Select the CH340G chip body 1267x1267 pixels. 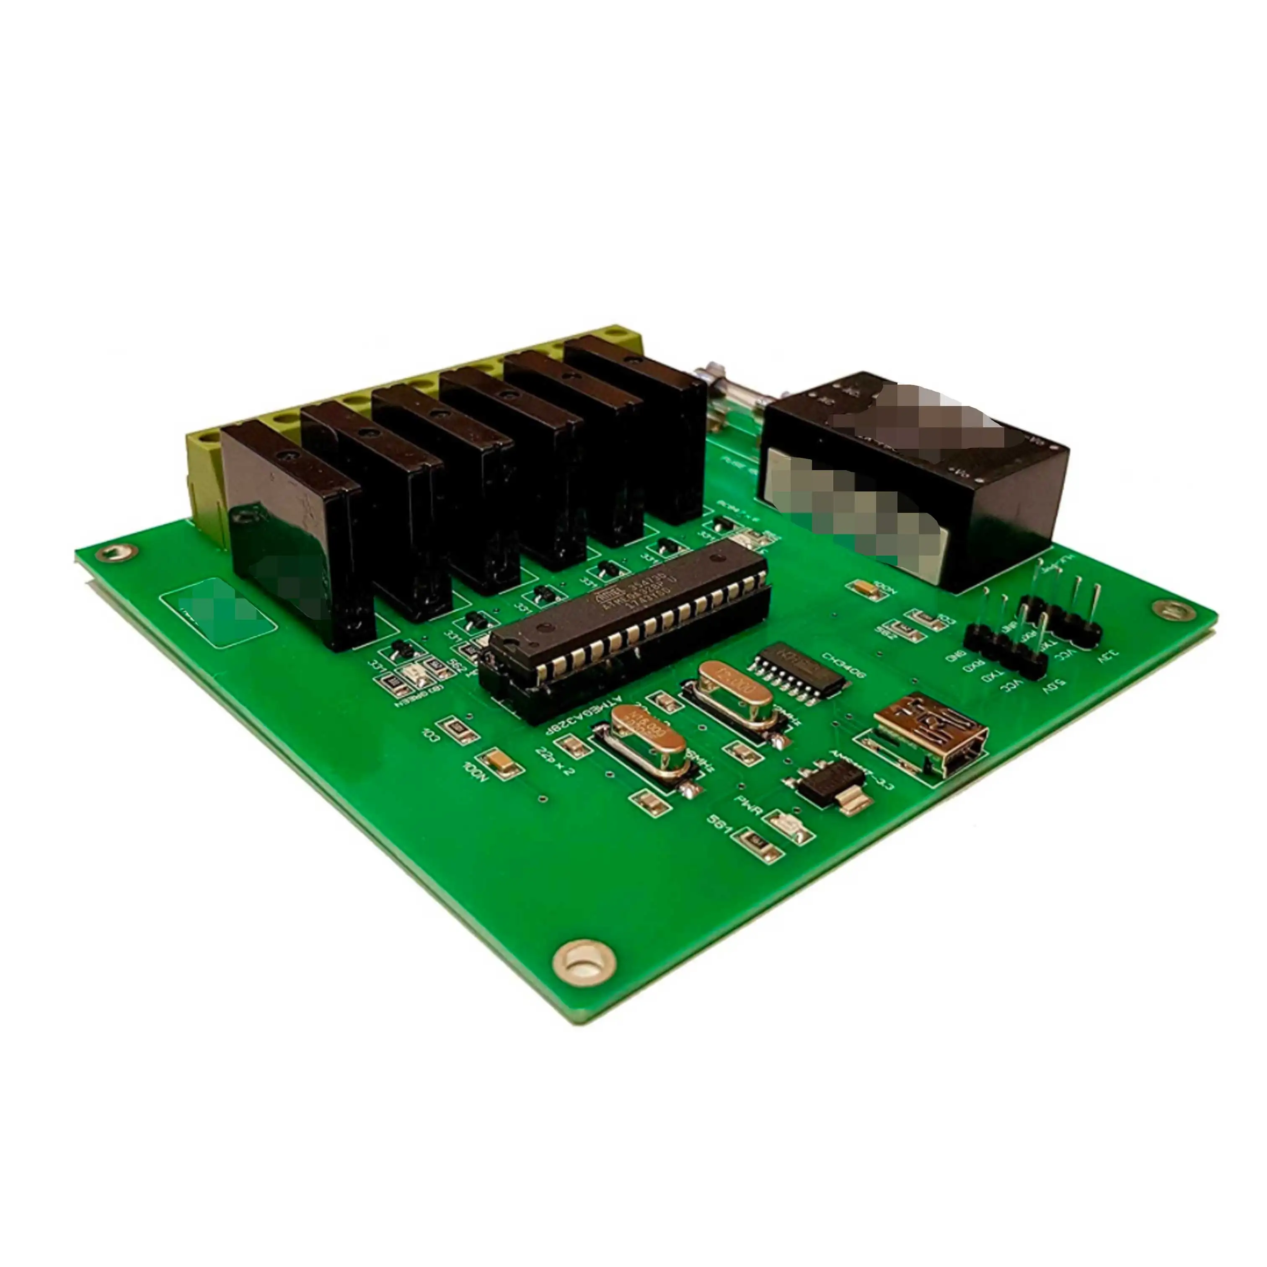[797, 666]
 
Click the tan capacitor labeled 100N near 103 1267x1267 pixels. [502, 761]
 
